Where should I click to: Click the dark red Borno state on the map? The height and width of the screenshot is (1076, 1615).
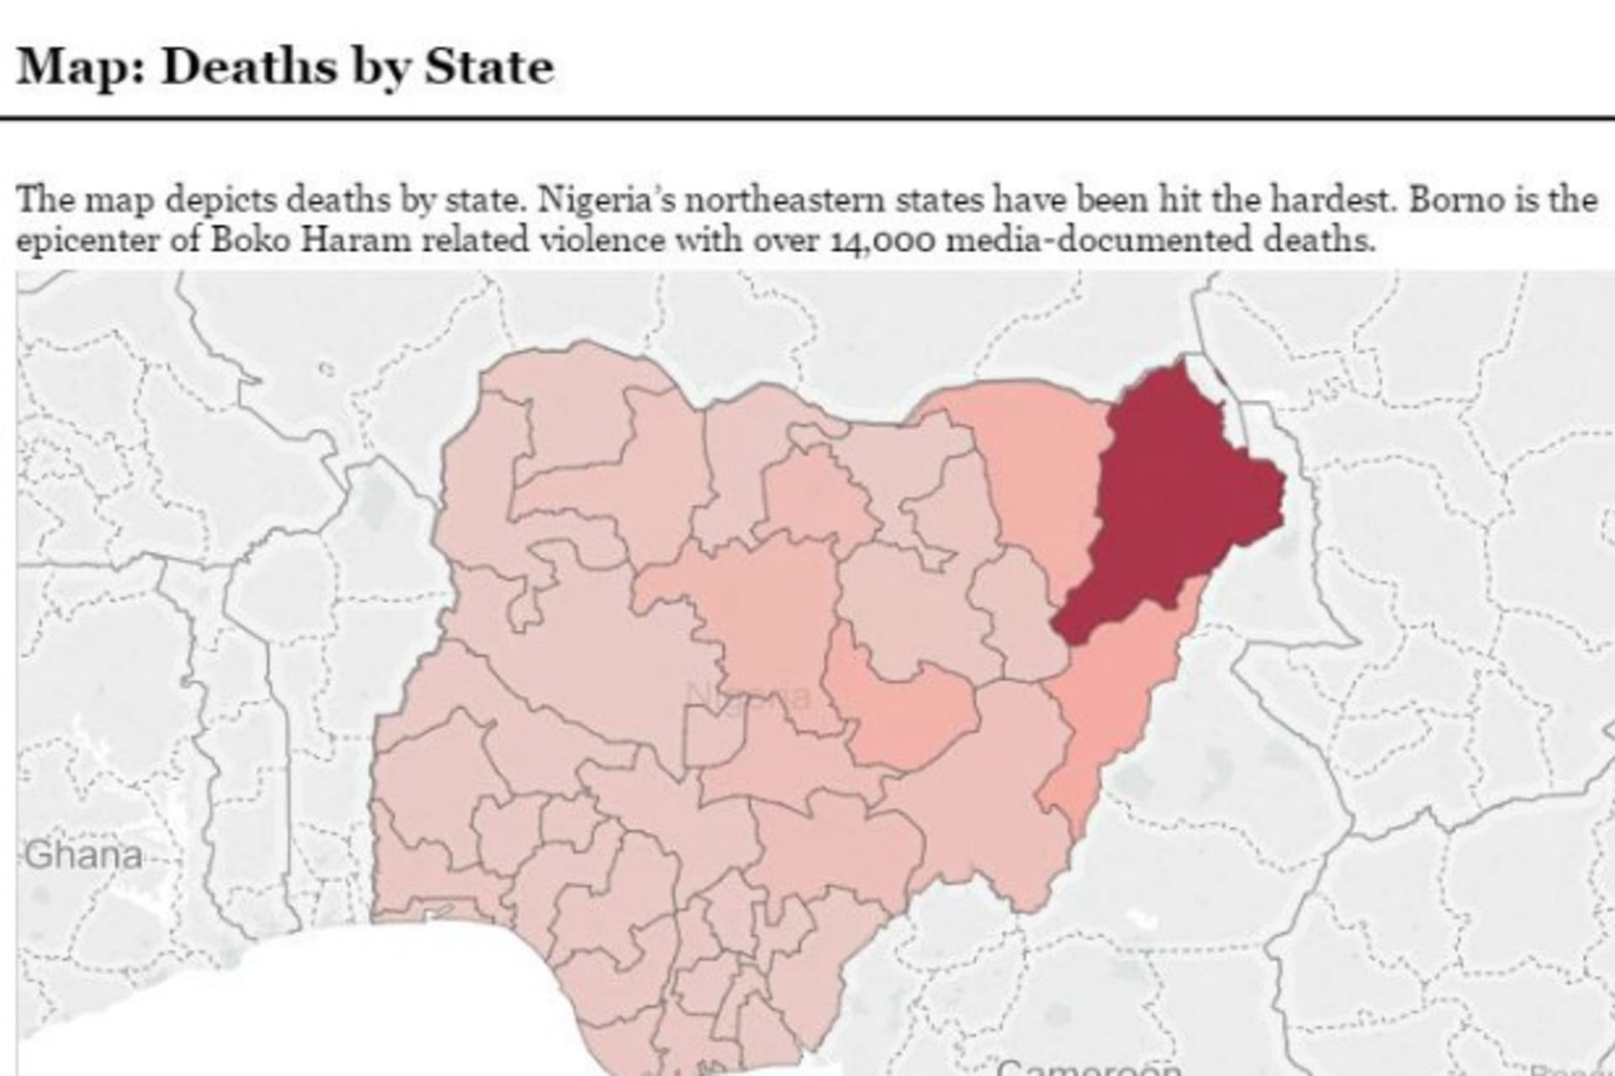(1178, 505)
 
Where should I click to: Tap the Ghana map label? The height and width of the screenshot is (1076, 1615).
(83, 856)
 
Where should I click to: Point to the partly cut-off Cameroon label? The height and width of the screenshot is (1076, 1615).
(1088, 1067)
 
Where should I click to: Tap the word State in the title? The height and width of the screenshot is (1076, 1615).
(489, 67)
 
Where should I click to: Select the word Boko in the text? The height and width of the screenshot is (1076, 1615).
(251, 241)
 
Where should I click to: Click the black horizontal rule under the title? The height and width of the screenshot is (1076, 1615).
(807, 119)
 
